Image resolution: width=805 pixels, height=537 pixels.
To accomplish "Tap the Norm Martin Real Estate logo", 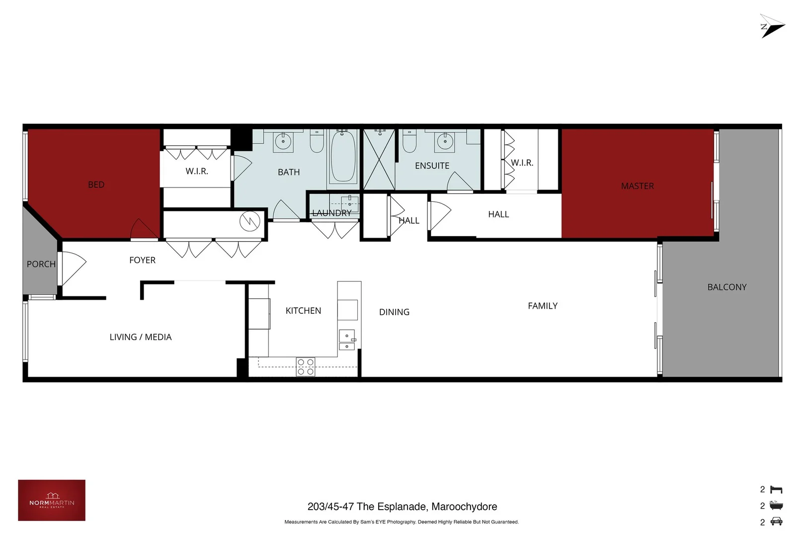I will tap(52, 500).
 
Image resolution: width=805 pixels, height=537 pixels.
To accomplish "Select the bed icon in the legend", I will tap(776, 490).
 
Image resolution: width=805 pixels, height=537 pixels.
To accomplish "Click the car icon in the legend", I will tap(776, 522).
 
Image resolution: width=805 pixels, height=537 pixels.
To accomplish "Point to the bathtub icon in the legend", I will tap(776, 506).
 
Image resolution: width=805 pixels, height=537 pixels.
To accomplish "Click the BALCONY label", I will tap(726, 287).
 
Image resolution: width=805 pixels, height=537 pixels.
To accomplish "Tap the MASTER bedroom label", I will tap(637, 186).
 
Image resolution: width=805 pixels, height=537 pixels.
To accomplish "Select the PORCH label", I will tap(41, 264).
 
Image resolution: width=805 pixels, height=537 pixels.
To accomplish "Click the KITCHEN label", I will tap(303, 311).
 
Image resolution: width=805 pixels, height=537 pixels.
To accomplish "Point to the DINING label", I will tap(394, 312).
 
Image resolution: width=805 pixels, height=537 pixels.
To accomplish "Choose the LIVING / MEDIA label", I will tap(141, 337).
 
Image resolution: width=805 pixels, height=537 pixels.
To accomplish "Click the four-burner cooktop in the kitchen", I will tap(306, 367).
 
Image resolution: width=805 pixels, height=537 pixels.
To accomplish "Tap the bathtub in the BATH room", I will tap(343, 157).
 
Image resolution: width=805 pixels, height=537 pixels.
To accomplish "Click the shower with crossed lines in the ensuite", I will tap(379, 160).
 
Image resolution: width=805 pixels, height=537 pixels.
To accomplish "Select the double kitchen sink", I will tap(347, 341).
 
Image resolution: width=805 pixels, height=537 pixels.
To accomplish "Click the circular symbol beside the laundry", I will tap(250, 221).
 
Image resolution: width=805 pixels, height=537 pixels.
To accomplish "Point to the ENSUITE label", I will tap(432, 166).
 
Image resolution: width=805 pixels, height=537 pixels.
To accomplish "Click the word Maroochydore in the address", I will tap(464, 507).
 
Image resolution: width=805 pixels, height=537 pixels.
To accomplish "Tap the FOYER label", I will tap(142, 260).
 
